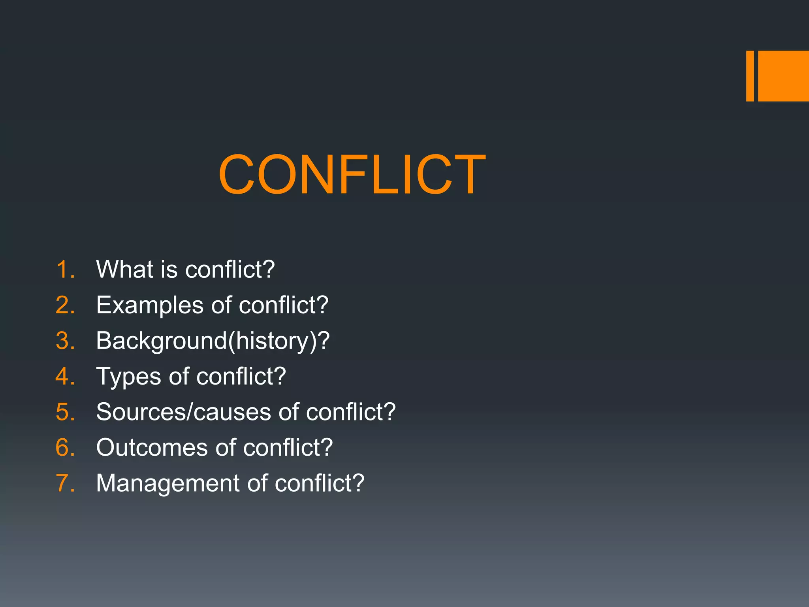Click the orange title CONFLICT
pyautogui.click(x=352, y=175)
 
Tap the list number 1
pyautogui.click(x=65, y=270)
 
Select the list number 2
pyautogui.click(x=65, y=305)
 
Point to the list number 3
pyautogui.click(x=65, y=341)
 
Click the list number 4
pyautogui.click(x=65, y=376)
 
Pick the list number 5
pyautogui.click(x=65, y=412)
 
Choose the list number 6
pyautogui.click(x=65, y=447)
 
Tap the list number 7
pyautogui.click(x=65, y=483)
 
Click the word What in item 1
pyautogui.click(x=124, y=270)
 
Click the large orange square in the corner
pyautogui.click(x=783, y=76)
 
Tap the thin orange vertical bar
pyautogui.click(x=750, y=76)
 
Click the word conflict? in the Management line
pyautogui.click(x=319, y=483)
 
